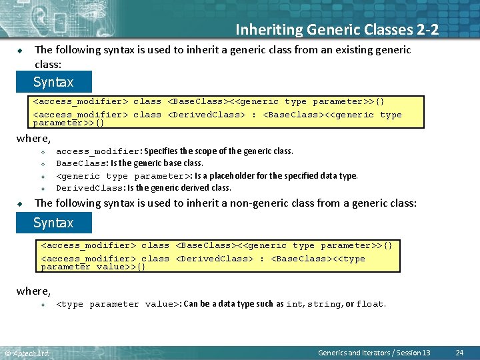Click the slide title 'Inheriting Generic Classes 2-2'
(x=337, y=29)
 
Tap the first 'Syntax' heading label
(x=53, y=83)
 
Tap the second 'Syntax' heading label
(x=53, y=223)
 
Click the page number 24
(x=459, y=352)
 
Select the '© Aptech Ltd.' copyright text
(x=27, y=353)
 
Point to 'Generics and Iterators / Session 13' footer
(x=374, y=352)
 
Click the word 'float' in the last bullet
(x=369, y=304)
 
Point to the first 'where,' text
(x=33, y=139)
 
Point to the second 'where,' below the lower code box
(x=33, y=291)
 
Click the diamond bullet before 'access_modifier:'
(x=42, y=152)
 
